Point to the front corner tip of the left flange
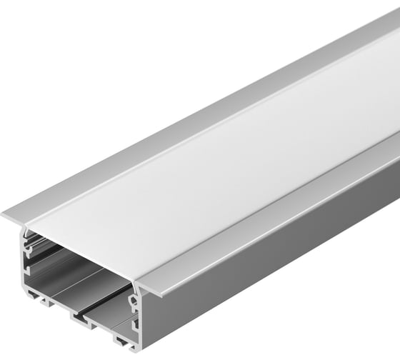(4, 214)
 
